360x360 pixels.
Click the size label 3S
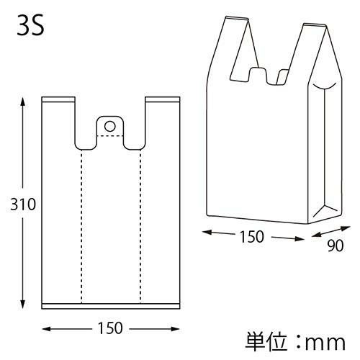[31, 29]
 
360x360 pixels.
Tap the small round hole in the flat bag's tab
[109, 126]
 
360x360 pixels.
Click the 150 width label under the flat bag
[110, 328]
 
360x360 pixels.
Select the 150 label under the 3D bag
[252, 236]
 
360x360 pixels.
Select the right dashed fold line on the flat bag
[140, 223]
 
